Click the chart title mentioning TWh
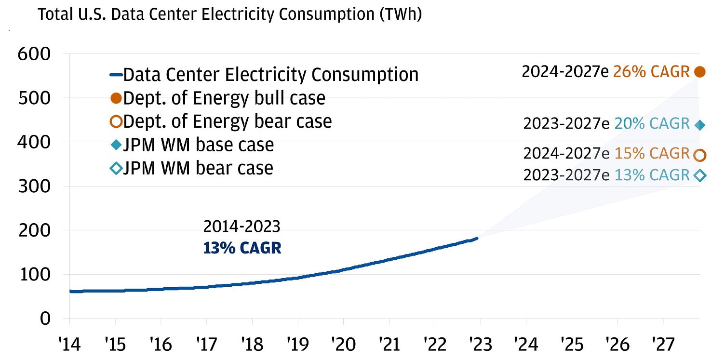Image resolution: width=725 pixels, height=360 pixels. (x=230, y=14)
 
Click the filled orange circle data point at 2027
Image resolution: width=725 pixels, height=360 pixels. (x=700, y=72)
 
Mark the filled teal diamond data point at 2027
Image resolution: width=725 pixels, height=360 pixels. (x=700, y=125)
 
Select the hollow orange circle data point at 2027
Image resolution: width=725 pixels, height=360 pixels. (x=700, y=155)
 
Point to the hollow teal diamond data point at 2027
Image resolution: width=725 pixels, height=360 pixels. (x=700, y=175)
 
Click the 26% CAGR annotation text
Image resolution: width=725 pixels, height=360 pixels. (x=651, y=72)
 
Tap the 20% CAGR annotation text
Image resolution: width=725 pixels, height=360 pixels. (x=652, y=124)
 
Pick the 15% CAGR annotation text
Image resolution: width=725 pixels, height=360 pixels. (x=651, y=154)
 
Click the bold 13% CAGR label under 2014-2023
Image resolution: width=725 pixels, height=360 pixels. (x=242, y=248)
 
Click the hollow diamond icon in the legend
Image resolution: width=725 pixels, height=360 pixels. (x=116, y=168)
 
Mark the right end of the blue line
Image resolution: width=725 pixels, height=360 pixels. (x=477, y=238)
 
